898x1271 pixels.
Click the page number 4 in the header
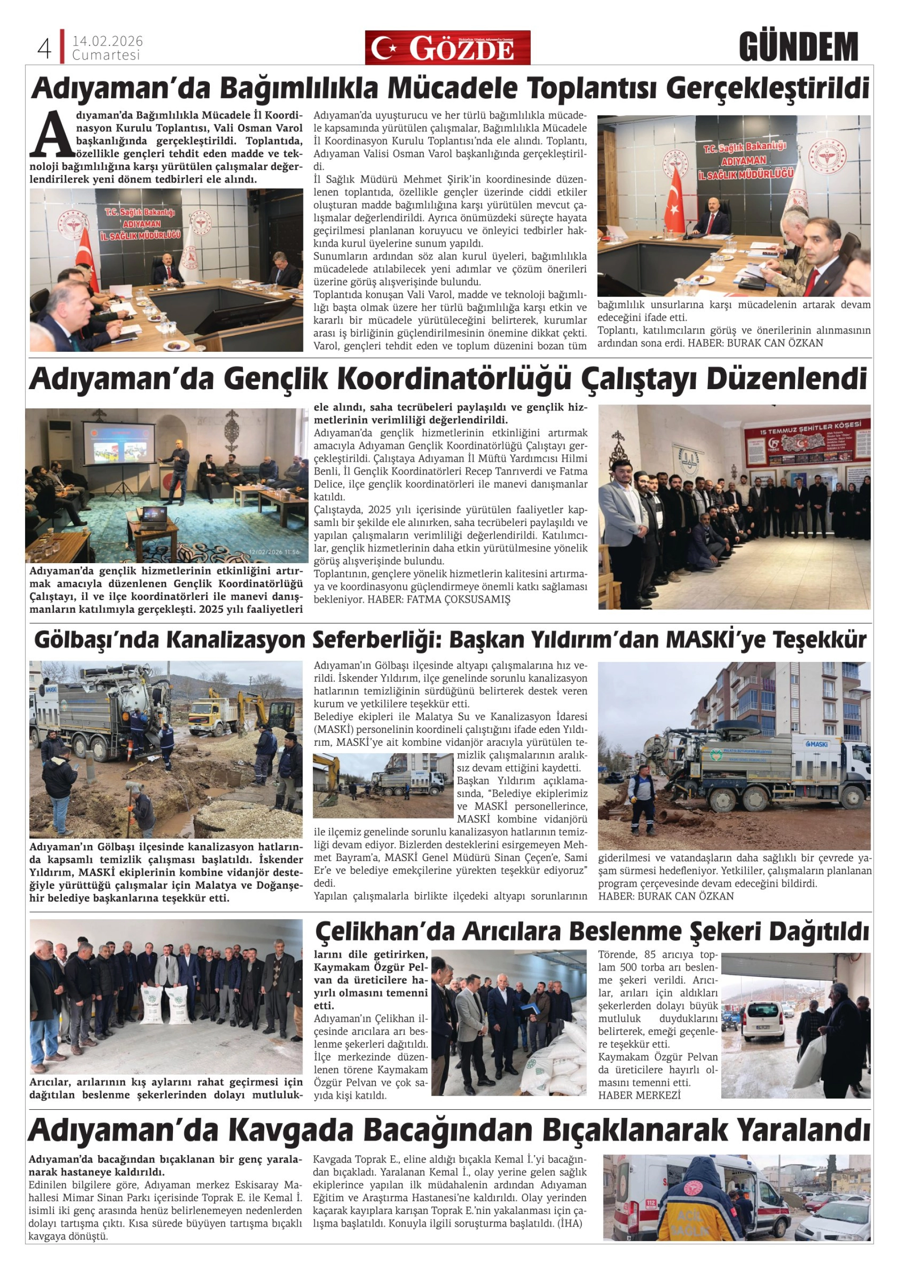[x=43, y=49]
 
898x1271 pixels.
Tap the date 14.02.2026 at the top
[x=107, y=42]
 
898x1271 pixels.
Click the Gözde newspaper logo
[x=447, y=48]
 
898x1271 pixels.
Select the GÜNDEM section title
[x=798, y=47]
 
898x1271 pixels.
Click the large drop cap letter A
[x=52, y=133]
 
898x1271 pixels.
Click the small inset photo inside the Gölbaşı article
[x=383, y=785]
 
